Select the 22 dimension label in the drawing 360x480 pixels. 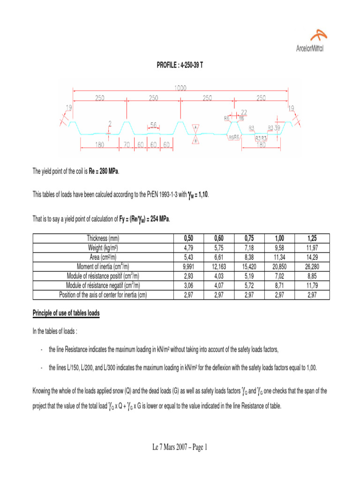click(x=244, y=112)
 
